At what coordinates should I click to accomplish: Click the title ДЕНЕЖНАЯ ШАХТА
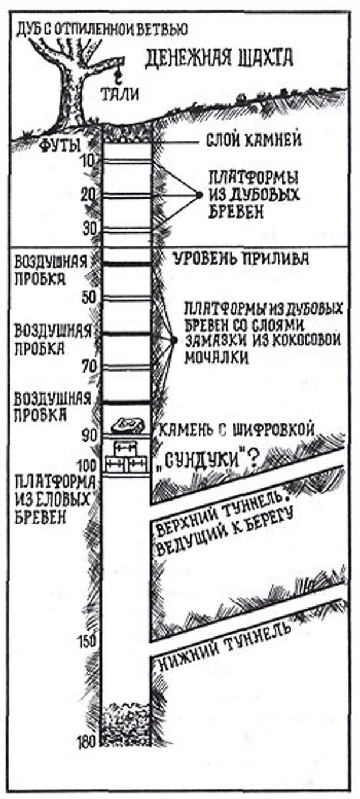219,58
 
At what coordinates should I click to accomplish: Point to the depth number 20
87,196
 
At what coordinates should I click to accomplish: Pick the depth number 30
87,229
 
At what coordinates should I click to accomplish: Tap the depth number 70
87,367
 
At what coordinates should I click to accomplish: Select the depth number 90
87,435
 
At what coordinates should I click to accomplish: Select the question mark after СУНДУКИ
253,459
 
